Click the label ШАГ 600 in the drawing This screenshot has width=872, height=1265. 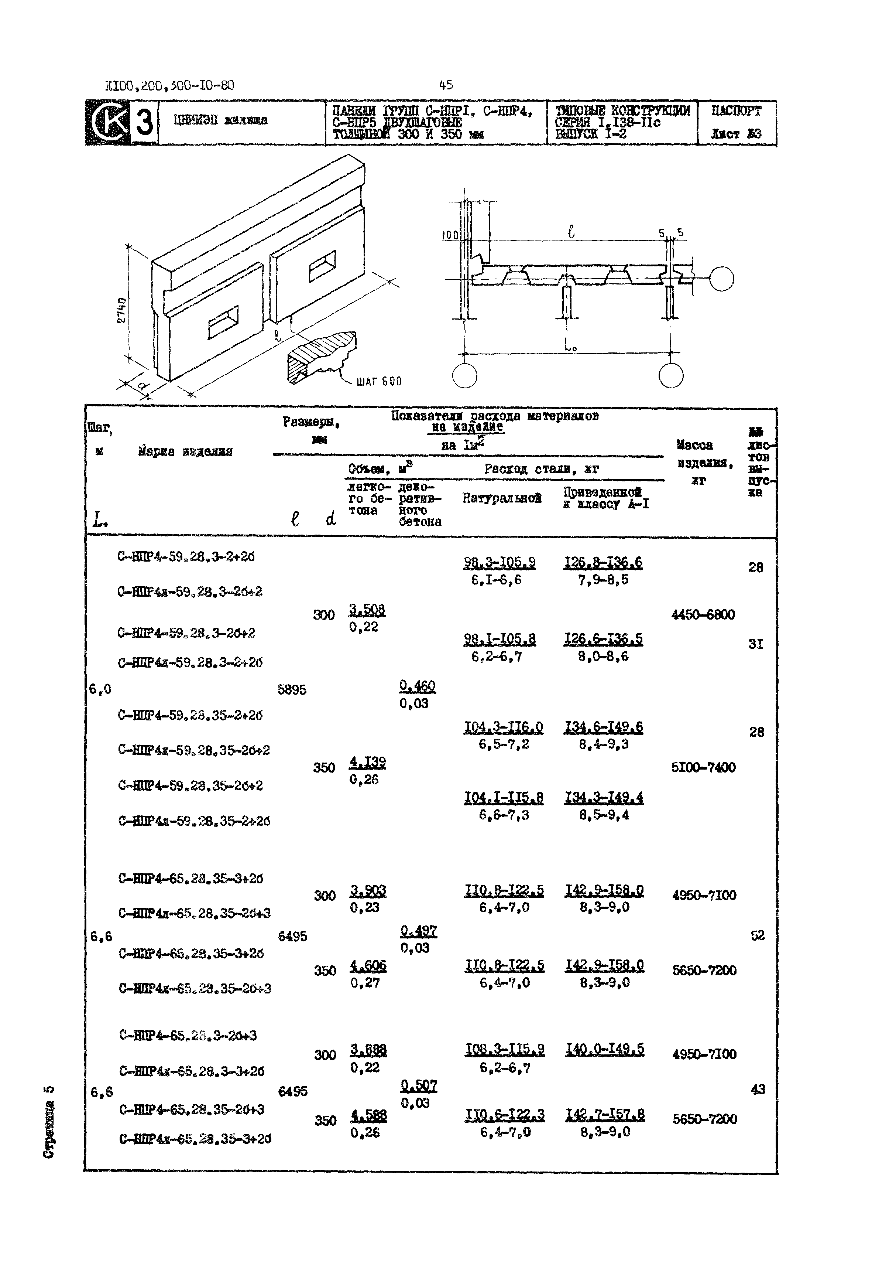379,382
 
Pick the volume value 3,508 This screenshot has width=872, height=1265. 367,610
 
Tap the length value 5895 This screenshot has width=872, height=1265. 292,690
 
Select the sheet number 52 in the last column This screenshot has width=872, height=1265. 757,935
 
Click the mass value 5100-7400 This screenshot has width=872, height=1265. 703,767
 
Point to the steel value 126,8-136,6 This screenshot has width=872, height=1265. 603,563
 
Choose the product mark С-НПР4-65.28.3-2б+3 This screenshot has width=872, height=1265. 188,1036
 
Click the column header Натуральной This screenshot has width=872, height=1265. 502,498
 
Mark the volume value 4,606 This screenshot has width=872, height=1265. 368,966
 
